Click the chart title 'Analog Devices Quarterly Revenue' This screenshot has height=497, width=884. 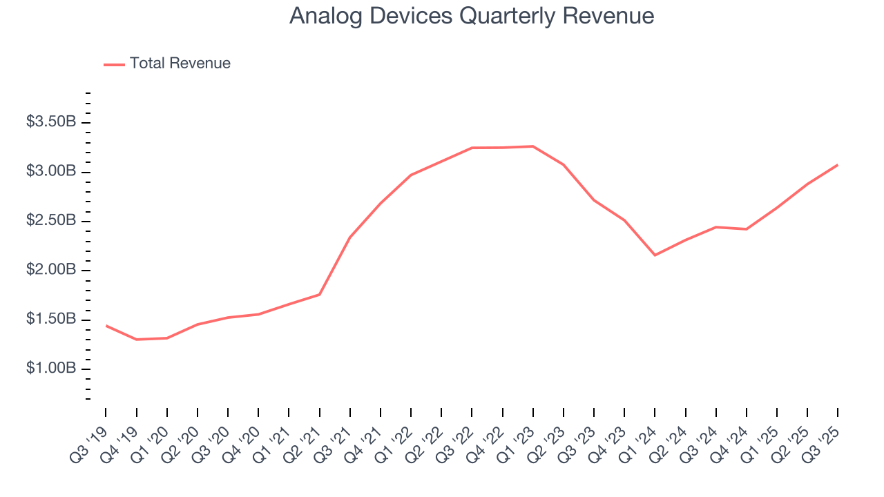tap(472, 16)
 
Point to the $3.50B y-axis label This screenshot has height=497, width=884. tap(51, 122)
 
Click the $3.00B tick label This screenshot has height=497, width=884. tap(51, 171)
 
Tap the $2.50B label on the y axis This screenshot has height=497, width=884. tap(51, 221)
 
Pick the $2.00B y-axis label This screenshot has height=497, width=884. tap(51, 270)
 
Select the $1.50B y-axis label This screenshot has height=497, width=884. tap(51, 320)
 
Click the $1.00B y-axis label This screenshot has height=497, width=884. tap(51, 369)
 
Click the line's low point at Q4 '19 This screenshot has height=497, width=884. tap(137, 340)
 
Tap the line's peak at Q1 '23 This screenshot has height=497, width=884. tap(533, 146)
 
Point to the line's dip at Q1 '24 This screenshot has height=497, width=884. tap(655, 255)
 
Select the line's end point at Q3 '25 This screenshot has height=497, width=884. tap(838, 165)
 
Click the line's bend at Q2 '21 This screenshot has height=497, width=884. tap(320, 295)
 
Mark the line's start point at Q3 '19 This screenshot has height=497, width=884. tap(106, 325)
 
